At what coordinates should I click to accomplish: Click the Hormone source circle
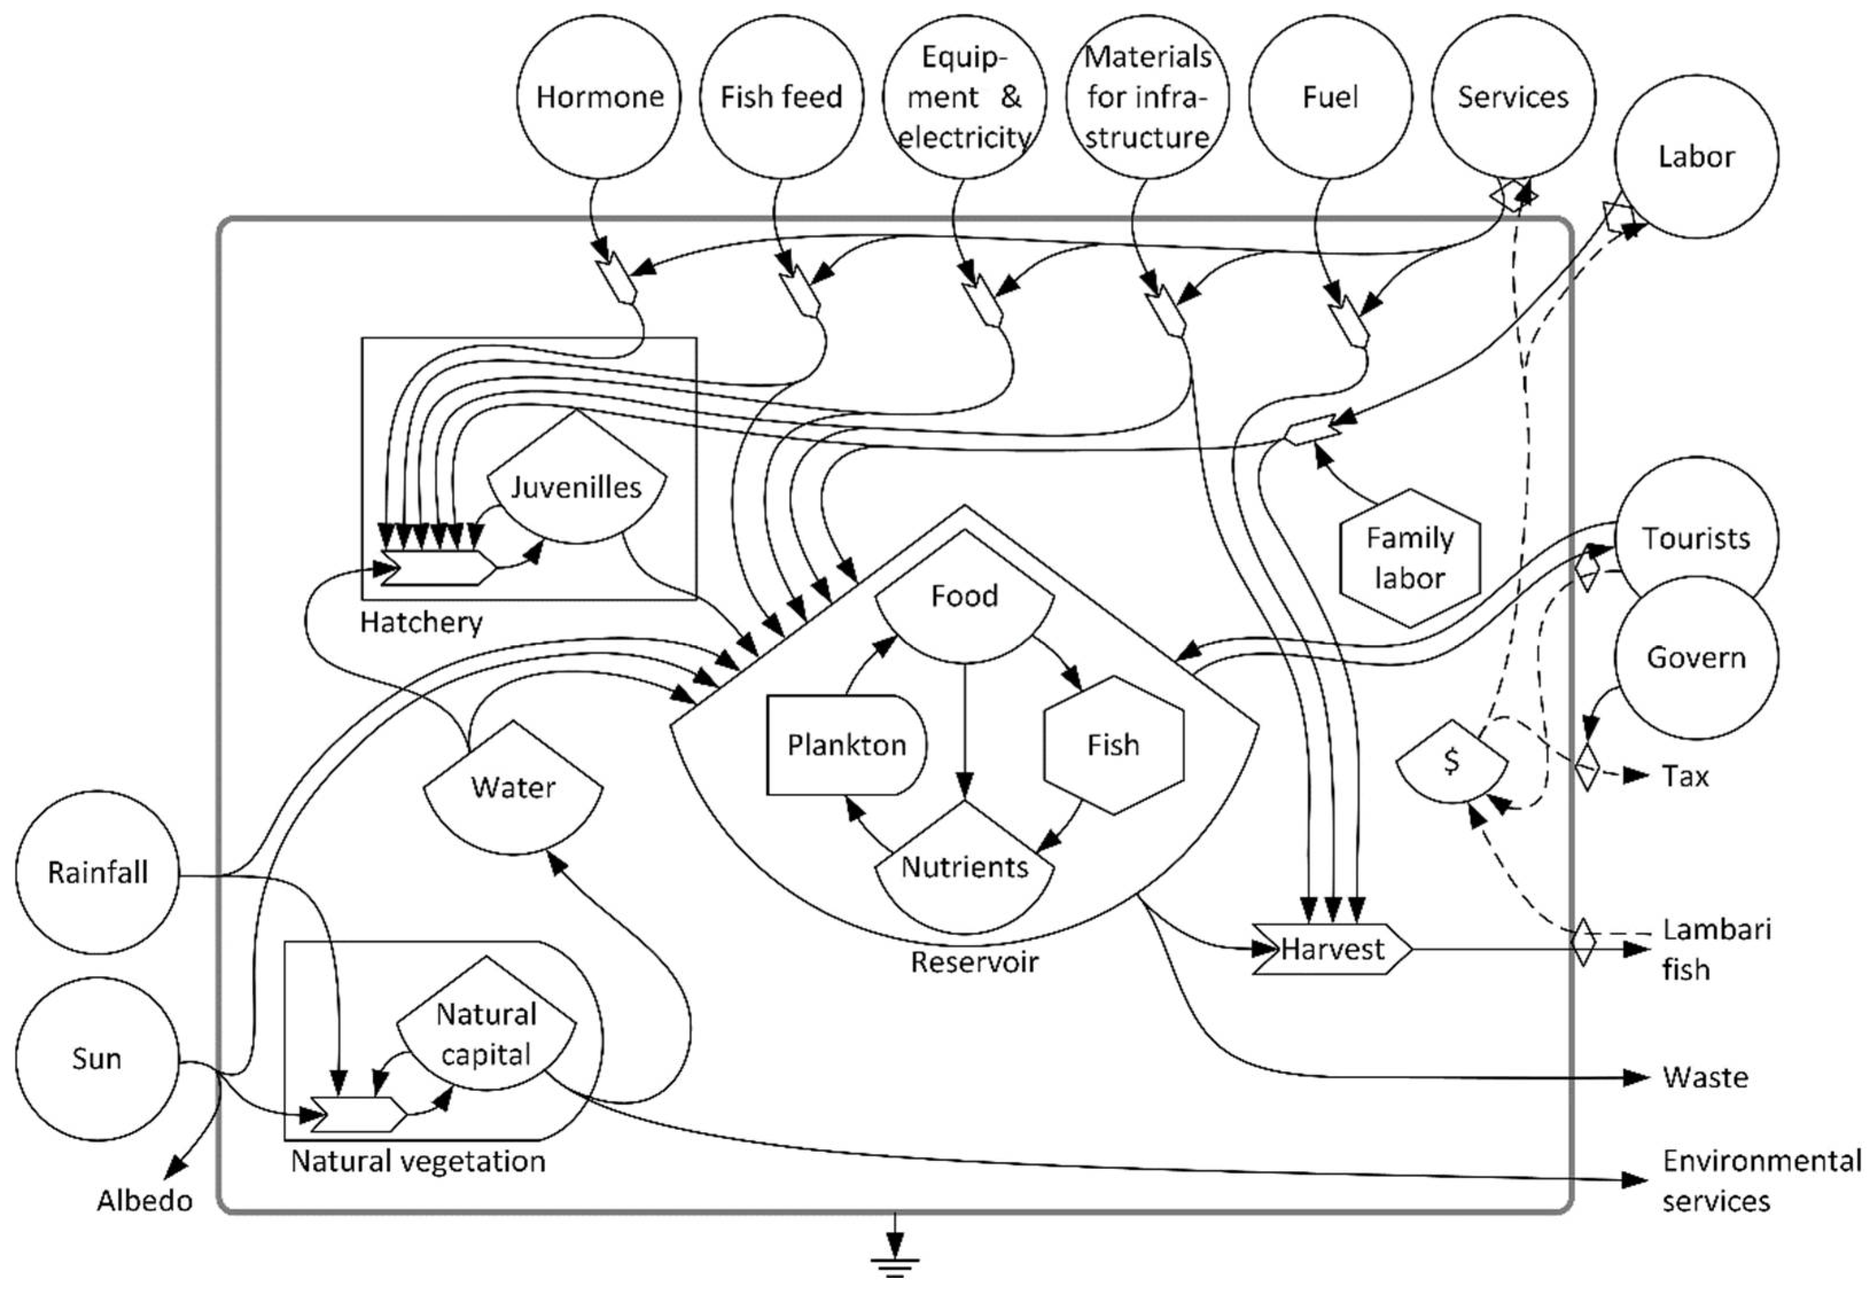599,96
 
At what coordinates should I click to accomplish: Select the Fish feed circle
782,96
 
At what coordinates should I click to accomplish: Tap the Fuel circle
1330,96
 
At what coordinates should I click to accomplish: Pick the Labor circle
1696,156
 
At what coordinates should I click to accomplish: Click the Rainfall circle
97,873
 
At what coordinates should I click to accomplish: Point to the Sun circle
97,1058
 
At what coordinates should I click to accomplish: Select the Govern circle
1696,657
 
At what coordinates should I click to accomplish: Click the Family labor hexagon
1410,558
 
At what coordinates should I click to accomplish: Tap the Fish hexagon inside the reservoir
1113,744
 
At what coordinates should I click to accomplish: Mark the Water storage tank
513,791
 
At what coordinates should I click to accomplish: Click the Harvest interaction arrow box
1332,949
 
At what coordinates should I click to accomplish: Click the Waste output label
1705,1078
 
